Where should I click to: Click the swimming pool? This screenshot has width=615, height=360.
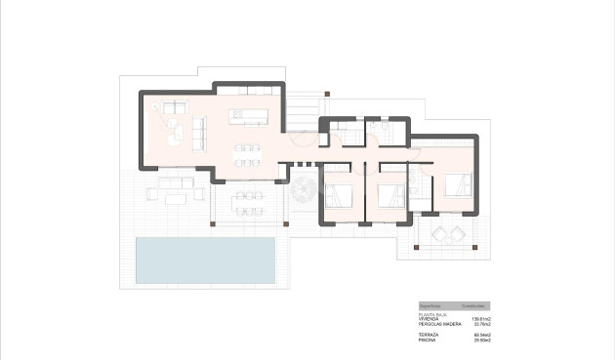pyautogui.click(x=205, y=258)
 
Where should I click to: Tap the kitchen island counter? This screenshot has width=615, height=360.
pyautogui.click(x=248, y=117)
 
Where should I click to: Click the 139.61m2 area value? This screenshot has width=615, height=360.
pyautogui.click(x=482, y=319)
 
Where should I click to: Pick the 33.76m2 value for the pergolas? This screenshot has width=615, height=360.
pyautogui.click(x=483, y=324)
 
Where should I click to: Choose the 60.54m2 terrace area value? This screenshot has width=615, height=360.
pyautogui.click(x=483, y=335)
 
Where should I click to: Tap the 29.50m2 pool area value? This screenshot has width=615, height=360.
pyautogui.click(x=483, y=340)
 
